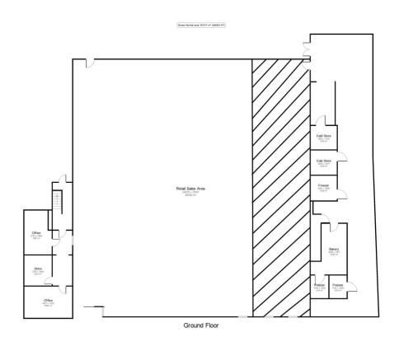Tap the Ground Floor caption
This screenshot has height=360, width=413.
tap(206, 326)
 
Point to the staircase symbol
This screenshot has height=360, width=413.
tap(57, 202)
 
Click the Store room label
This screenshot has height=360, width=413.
tap(37, 270)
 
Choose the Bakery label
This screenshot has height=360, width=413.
tap(334, 250)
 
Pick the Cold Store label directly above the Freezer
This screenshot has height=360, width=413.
tap(324, 162)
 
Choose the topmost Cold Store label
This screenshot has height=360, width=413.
tap(324, 137)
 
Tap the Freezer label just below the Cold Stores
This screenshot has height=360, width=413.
tap(324, 189)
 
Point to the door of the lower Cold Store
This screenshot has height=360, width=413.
tap(346, 155)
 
